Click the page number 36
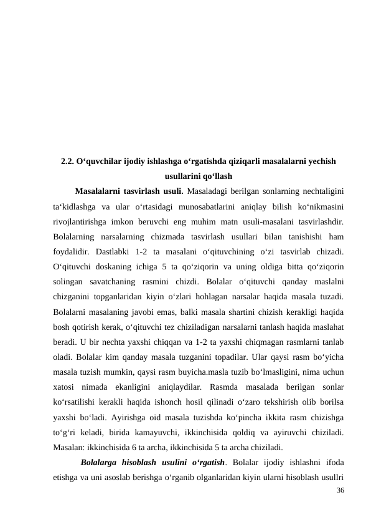click(339, 491)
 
